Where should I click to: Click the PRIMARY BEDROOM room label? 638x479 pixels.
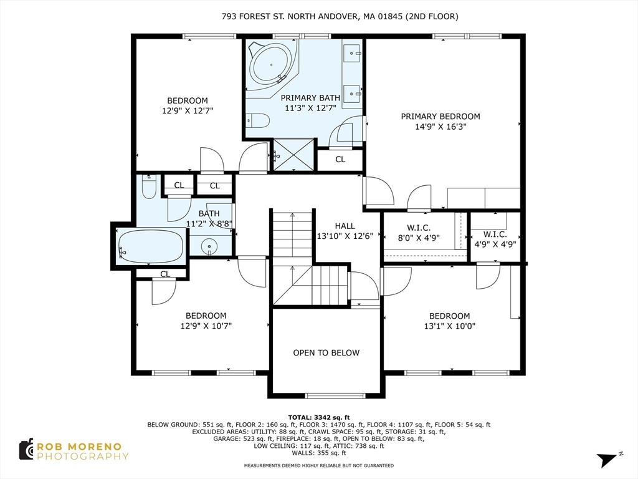[x=440, y=117]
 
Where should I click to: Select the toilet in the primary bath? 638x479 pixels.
[x=259, y=120]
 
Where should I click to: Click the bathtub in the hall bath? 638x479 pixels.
[x=151, y=247]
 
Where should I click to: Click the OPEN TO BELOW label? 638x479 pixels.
[x=326, y=353]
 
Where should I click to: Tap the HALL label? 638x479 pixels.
[x=345, y=226]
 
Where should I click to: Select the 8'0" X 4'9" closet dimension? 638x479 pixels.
[x=419, y=238]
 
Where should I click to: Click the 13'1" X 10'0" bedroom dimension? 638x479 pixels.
[x=450, y=326]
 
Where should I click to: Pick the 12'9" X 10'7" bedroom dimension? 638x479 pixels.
[x=206, y=326]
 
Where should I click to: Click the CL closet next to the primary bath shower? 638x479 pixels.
[x=340, y=160]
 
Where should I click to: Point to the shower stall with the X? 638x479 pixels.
[x=294, y=155]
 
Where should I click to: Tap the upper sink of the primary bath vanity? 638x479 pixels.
[x=352, y=52]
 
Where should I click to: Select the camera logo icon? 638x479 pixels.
[x=26, y=450]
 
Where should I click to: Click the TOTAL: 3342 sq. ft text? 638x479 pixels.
[x=318, y=417]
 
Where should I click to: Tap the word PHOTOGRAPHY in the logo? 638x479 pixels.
[x=83, y=456]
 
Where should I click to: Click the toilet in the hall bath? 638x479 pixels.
[x=149, y=187]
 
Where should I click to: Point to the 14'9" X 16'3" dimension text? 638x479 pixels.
[x=440, y=127]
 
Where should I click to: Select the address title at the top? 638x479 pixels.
[x=340, y=16]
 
